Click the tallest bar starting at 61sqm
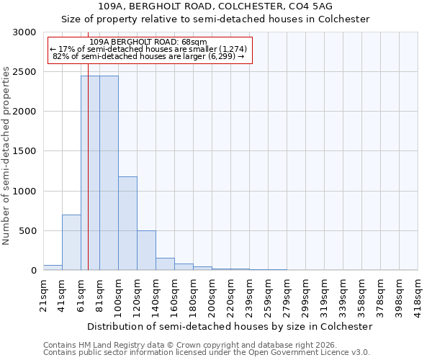90,173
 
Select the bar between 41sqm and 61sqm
71,242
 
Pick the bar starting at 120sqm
146,250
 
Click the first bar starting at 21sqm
53,267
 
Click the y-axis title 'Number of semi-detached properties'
6,156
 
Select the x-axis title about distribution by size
230,326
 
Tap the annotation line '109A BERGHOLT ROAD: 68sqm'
150,42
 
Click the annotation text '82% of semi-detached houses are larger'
150,56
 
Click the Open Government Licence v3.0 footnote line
206,353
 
